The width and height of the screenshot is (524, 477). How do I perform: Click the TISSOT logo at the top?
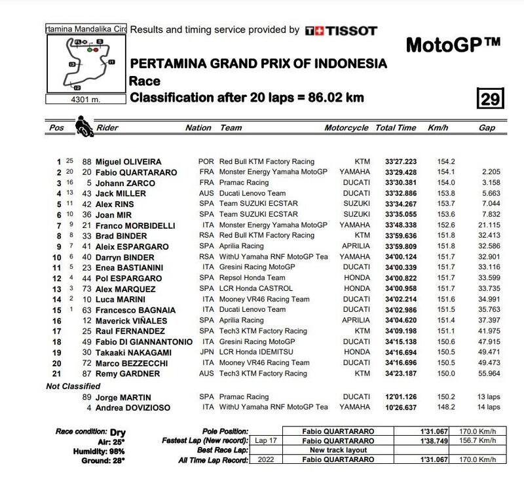(341, 30)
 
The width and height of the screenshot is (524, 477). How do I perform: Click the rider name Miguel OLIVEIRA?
(129, 161)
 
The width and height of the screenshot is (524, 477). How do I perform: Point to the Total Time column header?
(396, 128)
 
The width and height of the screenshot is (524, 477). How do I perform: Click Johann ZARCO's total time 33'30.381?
(396, 183)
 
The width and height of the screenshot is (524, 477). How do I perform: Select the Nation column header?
(198, 128)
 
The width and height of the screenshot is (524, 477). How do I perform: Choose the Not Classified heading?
(73, 386)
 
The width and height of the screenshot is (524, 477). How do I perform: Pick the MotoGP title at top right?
(453, 46)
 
